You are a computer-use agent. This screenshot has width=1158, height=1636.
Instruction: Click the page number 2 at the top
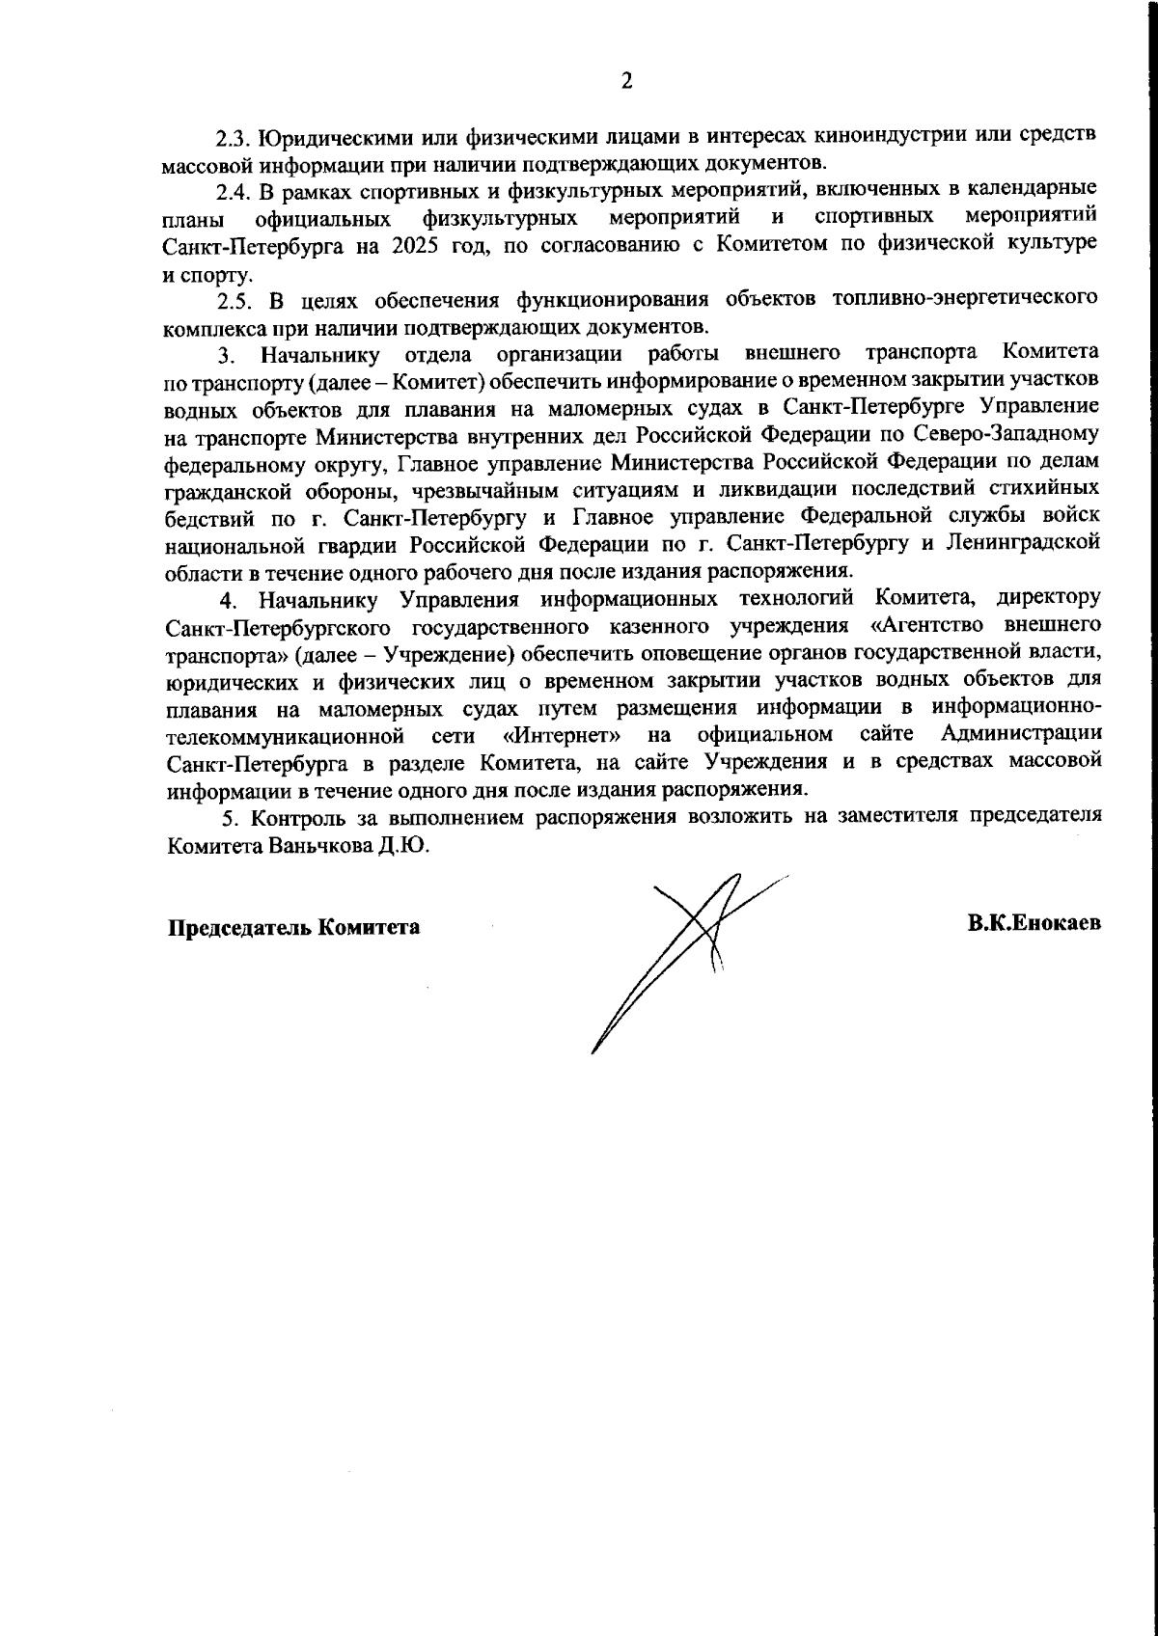coord(626,81)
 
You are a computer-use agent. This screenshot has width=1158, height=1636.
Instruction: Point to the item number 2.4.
coord(234,187)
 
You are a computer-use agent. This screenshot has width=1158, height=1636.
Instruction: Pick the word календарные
coord(1034,187)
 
